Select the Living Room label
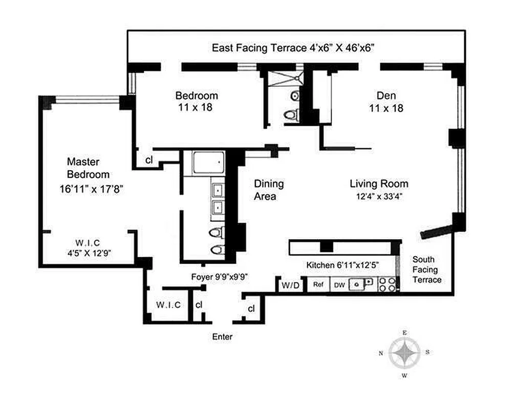click(379, 184)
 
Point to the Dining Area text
click(269, 190)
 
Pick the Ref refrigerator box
click(318, 284)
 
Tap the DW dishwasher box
click(339, 284)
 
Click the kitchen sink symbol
click(360, 284)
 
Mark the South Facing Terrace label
click(426, 269)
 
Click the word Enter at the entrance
click(222, 337)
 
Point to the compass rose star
click(404, 354)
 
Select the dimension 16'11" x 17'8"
click(91, 189)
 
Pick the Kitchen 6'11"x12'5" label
click(343, 265)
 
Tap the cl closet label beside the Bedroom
click(149, 160)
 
